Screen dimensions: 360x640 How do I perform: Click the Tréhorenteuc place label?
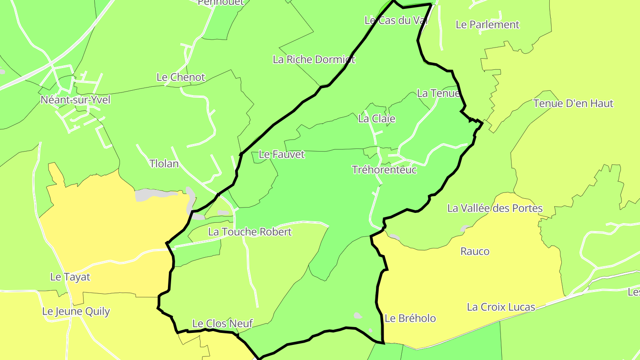click(x=384, y=170)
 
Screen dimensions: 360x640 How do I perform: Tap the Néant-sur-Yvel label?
click(x=75, y=100)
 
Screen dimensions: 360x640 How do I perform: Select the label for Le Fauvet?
click(x=282, y=155)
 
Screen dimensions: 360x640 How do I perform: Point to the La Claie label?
click(x=376, y=119)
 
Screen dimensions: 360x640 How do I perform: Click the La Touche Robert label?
click(x=250, y=232)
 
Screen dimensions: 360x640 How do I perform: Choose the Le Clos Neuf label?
click(x=222, y=324)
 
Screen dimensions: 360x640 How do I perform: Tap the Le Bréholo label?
click(x=410, y=318)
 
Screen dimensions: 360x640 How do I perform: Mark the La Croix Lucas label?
click(x=501, y=307)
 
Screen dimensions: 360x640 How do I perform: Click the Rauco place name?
click(x=475, y=252)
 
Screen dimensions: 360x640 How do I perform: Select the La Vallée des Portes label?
click(x=495, y=208)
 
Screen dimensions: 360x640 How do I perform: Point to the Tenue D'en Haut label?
click(x=573, y=104)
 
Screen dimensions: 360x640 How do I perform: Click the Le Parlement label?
click(x=487, y=25)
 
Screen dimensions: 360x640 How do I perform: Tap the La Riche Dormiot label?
click(x=314, y=60)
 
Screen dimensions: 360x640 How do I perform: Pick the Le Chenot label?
click(x=180, y=77)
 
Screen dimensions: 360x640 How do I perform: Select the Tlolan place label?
click(x=164, y=164)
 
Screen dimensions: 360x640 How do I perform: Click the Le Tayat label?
click(x=70, y=277)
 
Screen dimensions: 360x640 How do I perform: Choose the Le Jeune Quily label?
click(x=76, y=312)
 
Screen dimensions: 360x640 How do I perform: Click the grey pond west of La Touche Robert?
click(x=199, y=217)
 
